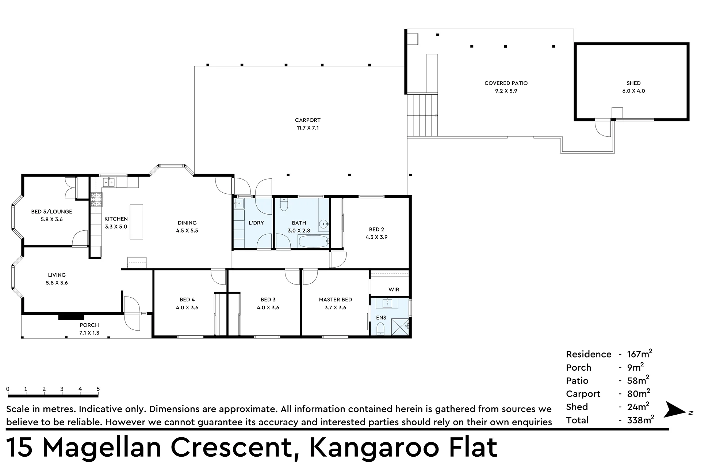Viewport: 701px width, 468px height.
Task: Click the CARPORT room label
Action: coord(308,120)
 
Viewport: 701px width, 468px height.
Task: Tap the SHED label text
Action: coord(633,83)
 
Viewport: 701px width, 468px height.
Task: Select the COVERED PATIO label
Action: coord(506,83)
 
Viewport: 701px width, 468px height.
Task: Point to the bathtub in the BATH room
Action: coord(313,241)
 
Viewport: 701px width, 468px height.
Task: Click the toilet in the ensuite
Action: coord(380,329)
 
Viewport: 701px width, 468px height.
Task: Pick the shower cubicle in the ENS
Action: coord(400,327)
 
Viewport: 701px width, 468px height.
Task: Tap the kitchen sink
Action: coord(109,182)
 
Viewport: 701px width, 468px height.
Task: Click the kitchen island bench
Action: coord(136,222)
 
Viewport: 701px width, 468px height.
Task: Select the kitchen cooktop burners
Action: coord(96,200)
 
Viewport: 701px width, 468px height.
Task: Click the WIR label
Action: coord(394,290)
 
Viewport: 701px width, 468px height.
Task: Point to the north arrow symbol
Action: coord(675,410)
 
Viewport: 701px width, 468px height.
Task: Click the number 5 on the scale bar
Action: coord(98,389)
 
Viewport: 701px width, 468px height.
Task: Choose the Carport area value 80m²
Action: coord(639,393)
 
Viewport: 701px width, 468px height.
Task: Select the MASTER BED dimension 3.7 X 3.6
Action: coord(335,308)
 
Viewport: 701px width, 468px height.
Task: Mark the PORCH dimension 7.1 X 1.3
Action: coord(89,333)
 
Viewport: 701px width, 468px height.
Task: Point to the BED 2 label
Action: coord(376,230)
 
